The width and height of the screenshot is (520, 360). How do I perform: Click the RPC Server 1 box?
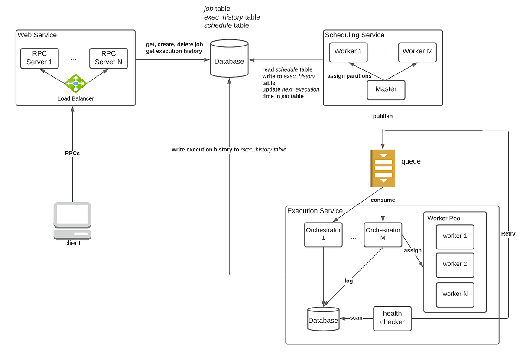[39, 58]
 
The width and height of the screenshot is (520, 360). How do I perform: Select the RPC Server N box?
[108, 58]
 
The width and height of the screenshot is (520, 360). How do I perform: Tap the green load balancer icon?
[75, 83]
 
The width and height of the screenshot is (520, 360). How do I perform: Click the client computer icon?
[72, 221]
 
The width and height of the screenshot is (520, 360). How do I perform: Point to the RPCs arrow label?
[72, 154]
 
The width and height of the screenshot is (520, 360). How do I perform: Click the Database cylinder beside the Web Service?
[229, 58]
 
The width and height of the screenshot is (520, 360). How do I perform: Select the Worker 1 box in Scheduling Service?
[348, 52]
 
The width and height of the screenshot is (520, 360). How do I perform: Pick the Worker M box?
[417, 52]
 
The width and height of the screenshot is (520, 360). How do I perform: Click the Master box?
[386, 90]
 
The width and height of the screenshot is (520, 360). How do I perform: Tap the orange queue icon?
[383, 168]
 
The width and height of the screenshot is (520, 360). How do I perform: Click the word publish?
[383, 116]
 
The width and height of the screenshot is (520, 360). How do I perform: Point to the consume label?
[383, 200]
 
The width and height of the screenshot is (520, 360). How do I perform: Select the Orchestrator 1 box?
[323, 235]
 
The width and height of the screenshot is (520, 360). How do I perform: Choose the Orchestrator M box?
[383, 235]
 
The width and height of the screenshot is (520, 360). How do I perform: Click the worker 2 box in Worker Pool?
[455, 265]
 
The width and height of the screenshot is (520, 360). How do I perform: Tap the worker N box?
[455, 295]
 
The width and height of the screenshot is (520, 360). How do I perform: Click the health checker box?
[392, 319]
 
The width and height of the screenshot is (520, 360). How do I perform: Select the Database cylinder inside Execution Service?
[323, 319]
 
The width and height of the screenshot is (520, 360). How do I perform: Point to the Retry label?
[508, 234]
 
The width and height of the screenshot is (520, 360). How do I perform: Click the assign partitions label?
[349, 76]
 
